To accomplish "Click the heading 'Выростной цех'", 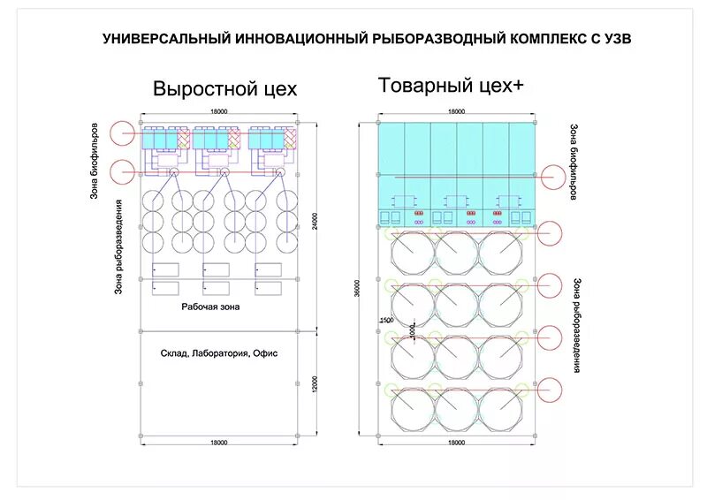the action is click(224, 89).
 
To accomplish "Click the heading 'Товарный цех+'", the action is click(451, 86).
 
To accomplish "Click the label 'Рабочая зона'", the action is click(210, 307).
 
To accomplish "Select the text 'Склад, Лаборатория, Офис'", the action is click(219, 352).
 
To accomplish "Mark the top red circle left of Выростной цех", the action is click(123, 133).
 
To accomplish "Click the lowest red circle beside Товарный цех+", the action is click(550, 389).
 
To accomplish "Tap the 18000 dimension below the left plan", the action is click(218, 442).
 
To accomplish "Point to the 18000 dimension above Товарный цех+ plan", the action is click(456, 112).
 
